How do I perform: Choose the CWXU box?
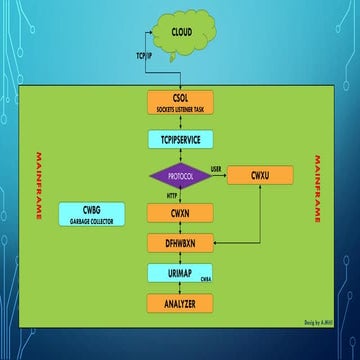pyautogui.click(x=260, y=175)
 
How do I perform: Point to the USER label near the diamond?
pyautogui.click(x=216, y=168)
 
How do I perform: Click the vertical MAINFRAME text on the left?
pyautogui.click(x=38, y=185)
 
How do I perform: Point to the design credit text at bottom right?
pyautogui.click(x=314, y=324)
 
